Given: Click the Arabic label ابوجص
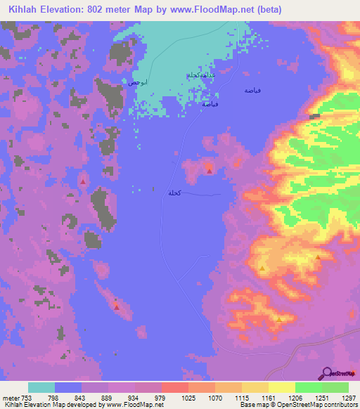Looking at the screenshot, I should point(137,82).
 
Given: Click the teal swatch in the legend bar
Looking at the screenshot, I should point(41,387).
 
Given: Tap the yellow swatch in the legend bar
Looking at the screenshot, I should point(281,387).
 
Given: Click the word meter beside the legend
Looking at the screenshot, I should point(10,397).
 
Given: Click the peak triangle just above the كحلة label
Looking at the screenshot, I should point(210,171).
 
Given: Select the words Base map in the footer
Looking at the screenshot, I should point(250,405).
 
